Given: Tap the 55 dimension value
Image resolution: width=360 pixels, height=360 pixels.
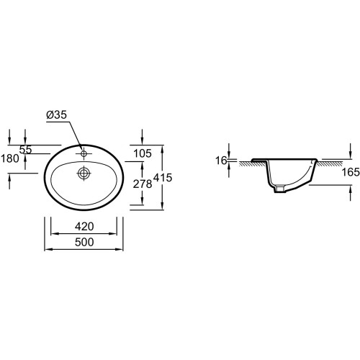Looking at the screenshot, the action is click(25, 150).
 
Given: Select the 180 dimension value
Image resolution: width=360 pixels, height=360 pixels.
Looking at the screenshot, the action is click(10, 158).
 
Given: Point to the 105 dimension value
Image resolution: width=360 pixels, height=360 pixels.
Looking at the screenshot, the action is click(143, 153).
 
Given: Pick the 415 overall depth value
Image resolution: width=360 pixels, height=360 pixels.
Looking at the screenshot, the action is click(163, 178).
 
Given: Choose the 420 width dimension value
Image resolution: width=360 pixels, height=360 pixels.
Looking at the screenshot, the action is click(84, 226).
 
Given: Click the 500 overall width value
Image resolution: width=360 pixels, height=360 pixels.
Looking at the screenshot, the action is click(84, 242).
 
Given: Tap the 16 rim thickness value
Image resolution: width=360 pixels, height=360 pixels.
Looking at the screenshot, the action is click(221, 161).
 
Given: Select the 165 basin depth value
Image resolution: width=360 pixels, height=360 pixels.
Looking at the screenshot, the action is click(351, 172).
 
